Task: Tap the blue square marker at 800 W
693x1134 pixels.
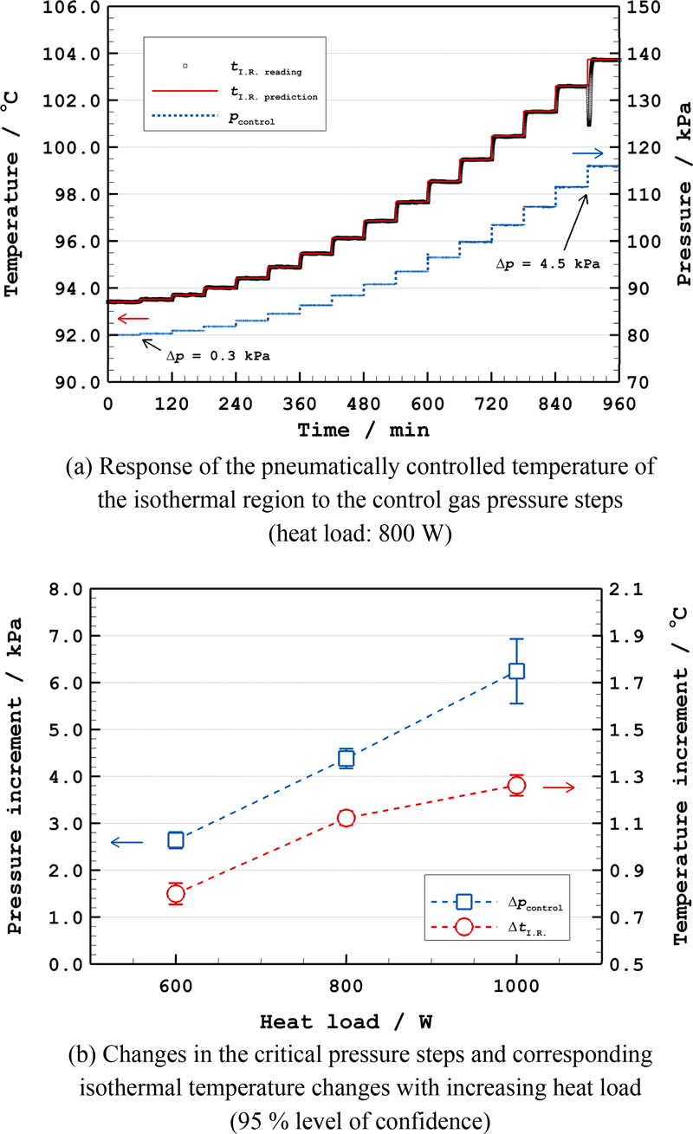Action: [346, 758]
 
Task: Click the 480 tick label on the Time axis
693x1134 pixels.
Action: [364, 404]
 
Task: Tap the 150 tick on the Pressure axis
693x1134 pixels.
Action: [644, 7]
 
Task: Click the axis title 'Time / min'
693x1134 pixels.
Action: [363, 429]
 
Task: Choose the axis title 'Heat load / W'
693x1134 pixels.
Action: [346, 1022]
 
